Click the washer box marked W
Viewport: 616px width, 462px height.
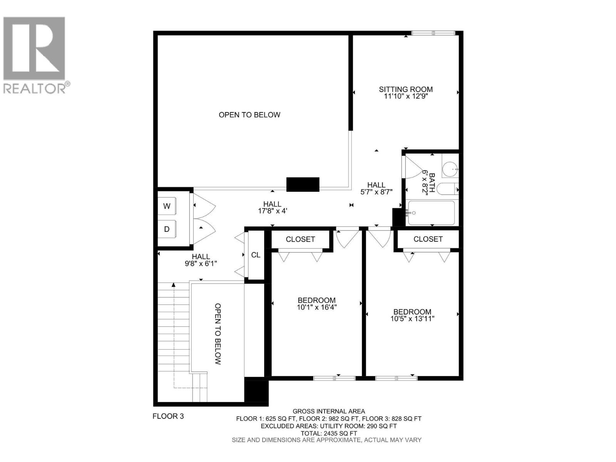tap(167, 206)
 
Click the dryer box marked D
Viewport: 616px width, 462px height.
tap(167, 229)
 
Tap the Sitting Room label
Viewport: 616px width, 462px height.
tap(406, 89)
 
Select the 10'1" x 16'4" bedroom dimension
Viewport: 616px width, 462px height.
tap(317, 307)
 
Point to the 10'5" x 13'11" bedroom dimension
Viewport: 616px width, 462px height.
tap(412, 318)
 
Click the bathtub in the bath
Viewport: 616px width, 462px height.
tap(431, 213)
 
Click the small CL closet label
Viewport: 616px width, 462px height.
tap(256, 255)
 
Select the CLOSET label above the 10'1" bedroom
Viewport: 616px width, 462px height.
tap(300, 239)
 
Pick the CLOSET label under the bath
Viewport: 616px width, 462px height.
tap(428, 239)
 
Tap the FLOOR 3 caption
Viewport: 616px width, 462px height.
tap(168, 416)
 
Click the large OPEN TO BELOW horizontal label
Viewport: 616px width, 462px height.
tap(249, 115)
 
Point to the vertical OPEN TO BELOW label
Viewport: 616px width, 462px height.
tap(218, 334)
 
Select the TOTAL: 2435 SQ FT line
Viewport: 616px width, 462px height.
tap(328, 433)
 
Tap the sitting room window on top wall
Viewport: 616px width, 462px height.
tap(434, 33)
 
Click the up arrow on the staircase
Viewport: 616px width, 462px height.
tap(174, 285)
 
